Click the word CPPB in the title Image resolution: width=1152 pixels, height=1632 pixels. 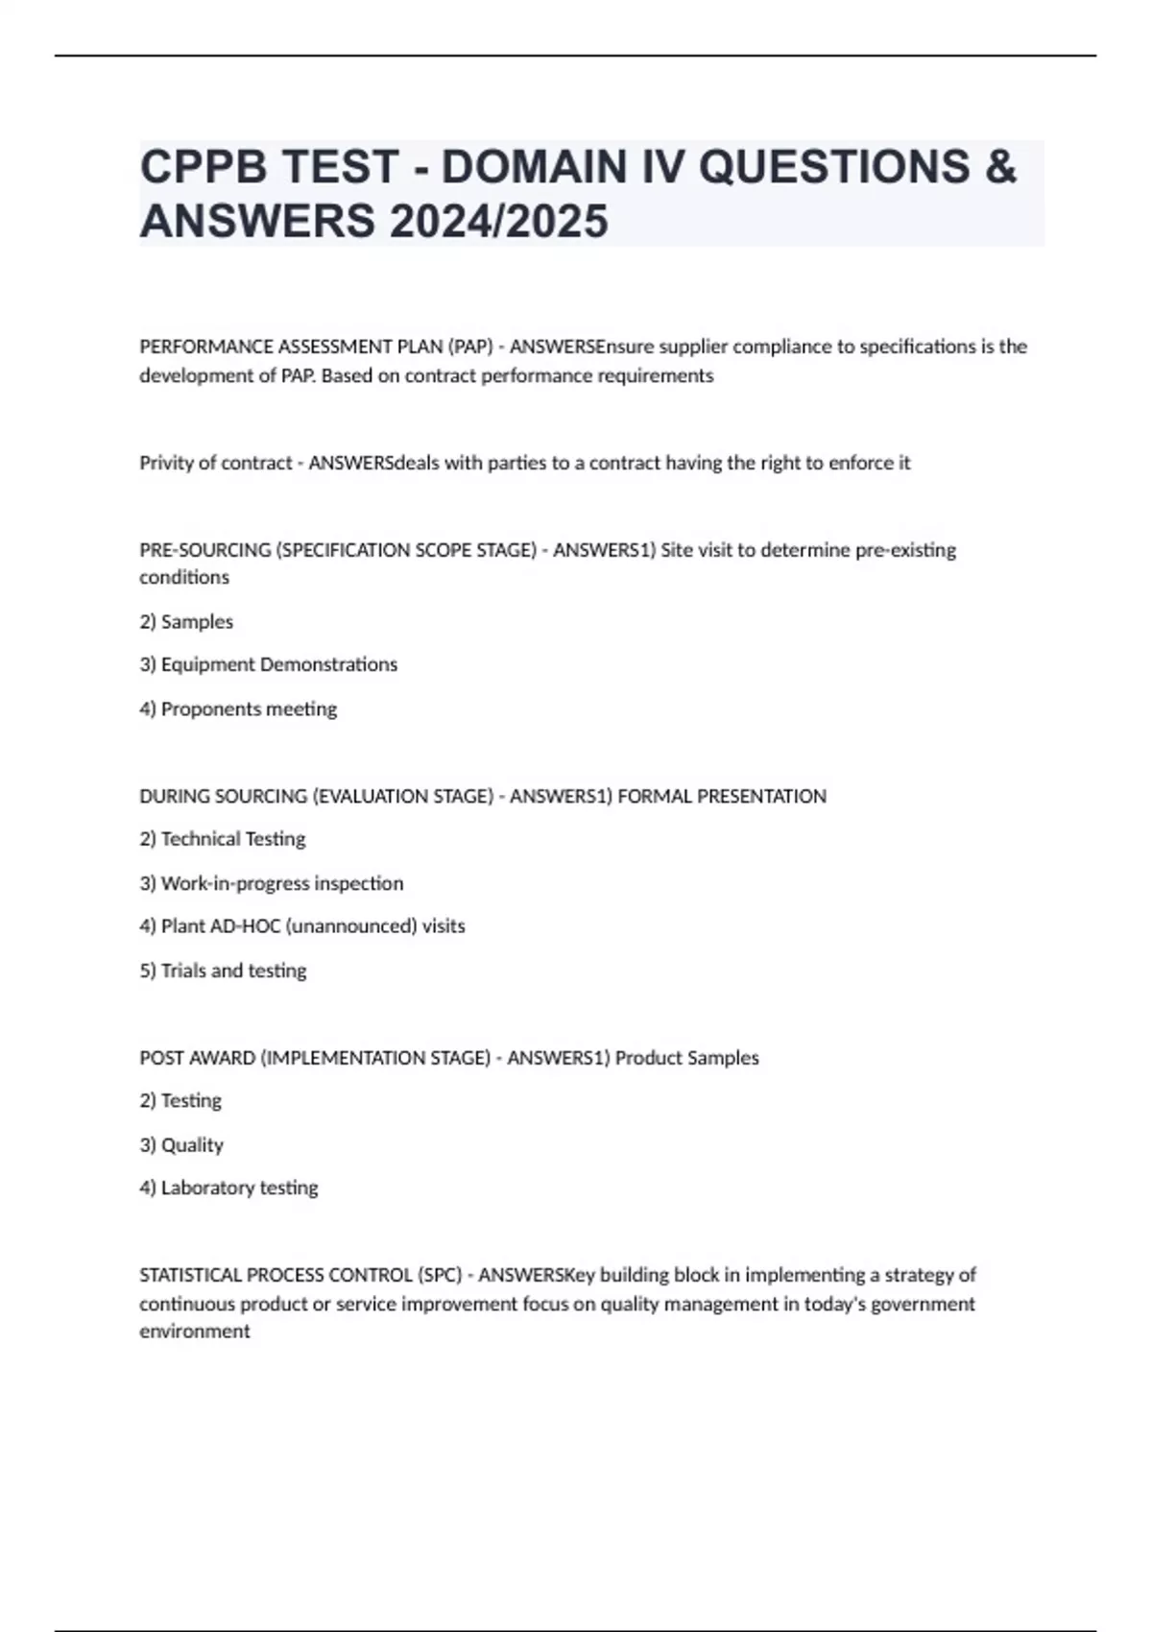(x=199, y=167)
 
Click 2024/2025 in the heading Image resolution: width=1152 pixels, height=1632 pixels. (x=498, y=221)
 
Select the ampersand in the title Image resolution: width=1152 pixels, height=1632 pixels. (x=1000, y=167)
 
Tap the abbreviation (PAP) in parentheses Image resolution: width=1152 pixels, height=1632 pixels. (x=470, y=347)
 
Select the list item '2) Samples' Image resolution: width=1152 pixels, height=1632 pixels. (x=186, y=622)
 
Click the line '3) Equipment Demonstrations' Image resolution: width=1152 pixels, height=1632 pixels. (x=268, y=664)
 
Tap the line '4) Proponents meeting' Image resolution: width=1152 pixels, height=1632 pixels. (x=238, y=709)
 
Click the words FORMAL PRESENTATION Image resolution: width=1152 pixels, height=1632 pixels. (x=722, y=796)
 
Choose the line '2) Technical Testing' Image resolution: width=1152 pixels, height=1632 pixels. (x=223, y=839)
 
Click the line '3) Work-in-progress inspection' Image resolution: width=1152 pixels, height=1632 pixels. (x=272, y=883)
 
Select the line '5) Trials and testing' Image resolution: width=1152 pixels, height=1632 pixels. (x=223, y=971)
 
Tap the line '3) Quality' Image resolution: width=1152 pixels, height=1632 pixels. (x=181, y=1145)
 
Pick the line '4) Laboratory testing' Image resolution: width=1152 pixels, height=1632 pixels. (x=228, y=1188)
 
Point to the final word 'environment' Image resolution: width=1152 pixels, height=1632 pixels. (x=195, y=1332)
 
